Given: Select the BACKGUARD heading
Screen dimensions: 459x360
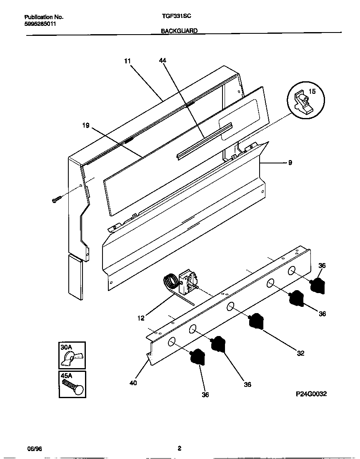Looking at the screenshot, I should point(179,31).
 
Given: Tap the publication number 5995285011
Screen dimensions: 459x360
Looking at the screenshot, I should point(40,24).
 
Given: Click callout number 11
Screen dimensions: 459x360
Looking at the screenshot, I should point(127,61).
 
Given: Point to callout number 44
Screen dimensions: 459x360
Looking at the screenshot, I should point(162,61).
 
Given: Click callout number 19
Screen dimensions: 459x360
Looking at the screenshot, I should point(86,125).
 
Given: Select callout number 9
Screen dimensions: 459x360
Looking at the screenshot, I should point(290,163).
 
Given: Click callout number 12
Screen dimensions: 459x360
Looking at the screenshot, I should point(141,318).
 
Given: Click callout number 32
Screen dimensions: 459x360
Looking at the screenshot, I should point(301,354).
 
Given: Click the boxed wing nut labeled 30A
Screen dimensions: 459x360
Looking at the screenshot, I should point(72,355).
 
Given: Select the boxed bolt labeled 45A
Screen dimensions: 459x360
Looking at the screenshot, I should point(72,384).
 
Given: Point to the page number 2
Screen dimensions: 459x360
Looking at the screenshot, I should point(179,449).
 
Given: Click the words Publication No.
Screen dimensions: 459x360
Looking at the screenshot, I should point(44,17).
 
